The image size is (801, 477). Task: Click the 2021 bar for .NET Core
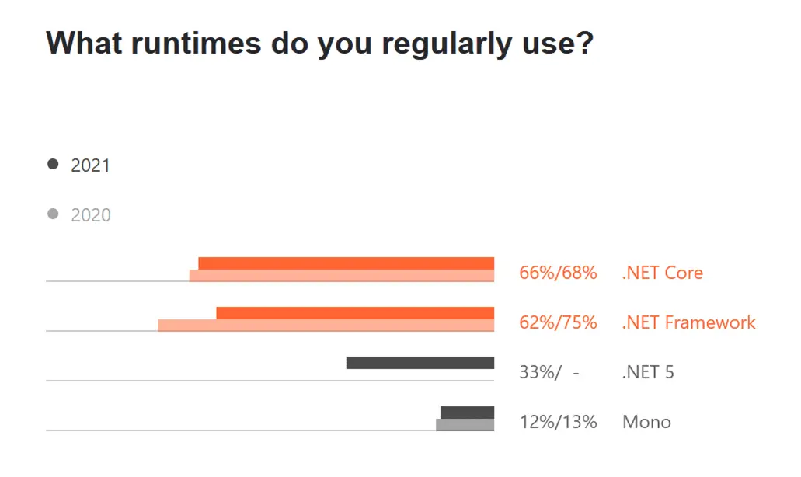(346, 263)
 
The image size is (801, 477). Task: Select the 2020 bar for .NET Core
(342, 276)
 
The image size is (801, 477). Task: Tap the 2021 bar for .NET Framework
(355, 313)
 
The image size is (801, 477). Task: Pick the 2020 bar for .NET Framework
(326, 326)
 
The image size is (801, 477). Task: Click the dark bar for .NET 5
(420, 363)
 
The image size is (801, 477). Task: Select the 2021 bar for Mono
(467, 413)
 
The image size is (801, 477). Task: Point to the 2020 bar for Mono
(465, 425)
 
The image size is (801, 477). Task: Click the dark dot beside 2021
(53, 165)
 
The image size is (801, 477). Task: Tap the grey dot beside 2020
(53, 214)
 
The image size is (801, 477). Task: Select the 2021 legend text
(90, 165)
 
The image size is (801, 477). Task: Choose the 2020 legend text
(90, 215)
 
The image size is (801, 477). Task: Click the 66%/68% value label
(558, 273)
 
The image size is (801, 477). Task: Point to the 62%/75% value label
(558, 322)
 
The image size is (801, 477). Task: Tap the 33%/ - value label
(549, 372)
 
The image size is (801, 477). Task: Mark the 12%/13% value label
(558, 422)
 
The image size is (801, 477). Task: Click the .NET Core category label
(662, 273)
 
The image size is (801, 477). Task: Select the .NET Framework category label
(688, 322)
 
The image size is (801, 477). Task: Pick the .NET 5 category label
(648, 372)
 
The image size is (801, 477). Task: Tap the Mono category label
(646, 422)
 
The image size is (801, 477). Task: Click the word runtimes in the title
(197, 44)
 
